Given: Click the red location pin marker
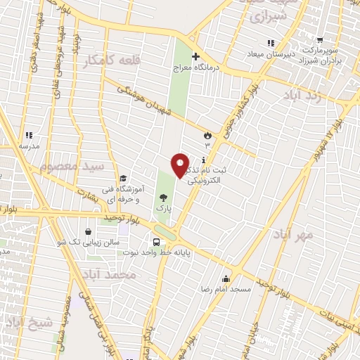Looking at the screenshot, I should tap(181, 166).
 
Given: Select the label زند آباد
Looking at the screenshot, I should tap(304, 95).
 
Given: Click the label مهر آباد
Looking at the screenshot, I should tap(293, 233).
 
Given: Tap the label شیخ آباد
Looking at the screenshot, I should tap(28, 323).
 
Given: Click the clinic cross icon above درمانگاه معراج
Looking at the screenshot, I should tap(195, 57).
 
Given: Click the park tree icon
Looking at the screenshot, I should tap(163, 198).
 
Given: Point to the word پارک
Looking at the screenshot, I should tap(163, 210).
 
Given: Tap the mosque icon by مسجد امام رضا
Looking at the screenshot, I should tap(226, 278).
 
